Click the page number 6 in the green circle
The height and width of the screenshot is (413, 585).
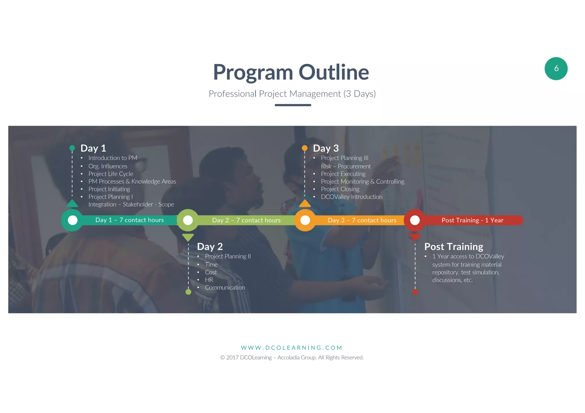tap(556, 69)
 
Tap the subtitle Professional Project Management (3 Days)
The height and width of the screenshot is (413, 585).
tap(292, 94)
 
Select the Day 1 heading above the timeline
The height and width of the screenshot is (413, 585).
tap(93, 148)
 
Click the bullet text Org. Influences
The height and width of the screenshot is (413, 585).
tap(108, 166)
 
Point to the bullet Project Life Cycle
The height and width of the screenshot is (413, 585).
tap(111, 174)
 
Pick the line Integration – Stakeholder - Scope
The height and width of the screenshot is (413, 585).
tap(131, 204)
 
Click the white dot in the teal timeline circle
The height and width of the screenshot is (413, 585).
tap(73, 220)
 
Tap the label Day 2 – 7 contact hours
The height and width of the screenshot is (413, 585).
tap(246, 220)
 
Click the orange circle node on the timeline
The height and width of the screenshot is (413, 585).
tap(305, 220)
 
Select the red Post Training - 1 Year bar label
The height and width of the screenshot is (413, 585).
tap(472, 220)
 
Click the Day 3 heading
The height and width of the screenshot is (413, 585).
tap(326, 148)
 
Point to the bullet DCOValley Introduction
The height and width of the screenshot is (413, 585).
tap(351, 197)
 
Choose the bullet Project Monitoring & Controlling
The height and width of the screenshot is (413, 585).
tap(362, 182)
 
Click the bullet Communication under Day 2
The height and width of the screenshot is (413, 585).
tap(225, 288)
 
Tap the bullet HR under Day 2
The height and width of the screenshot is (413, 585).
tap(209, 280)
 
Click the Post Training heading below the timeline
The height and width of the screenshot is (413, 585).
tap(453, 247)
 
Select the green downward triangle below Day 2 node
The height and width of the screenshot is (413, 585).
tap(188, 237)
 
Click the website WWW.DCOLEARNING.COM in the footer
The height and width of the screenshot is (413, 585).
tap(291, 348)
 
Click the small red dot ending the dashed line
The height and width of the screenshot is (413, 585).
tap(415, 292)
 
